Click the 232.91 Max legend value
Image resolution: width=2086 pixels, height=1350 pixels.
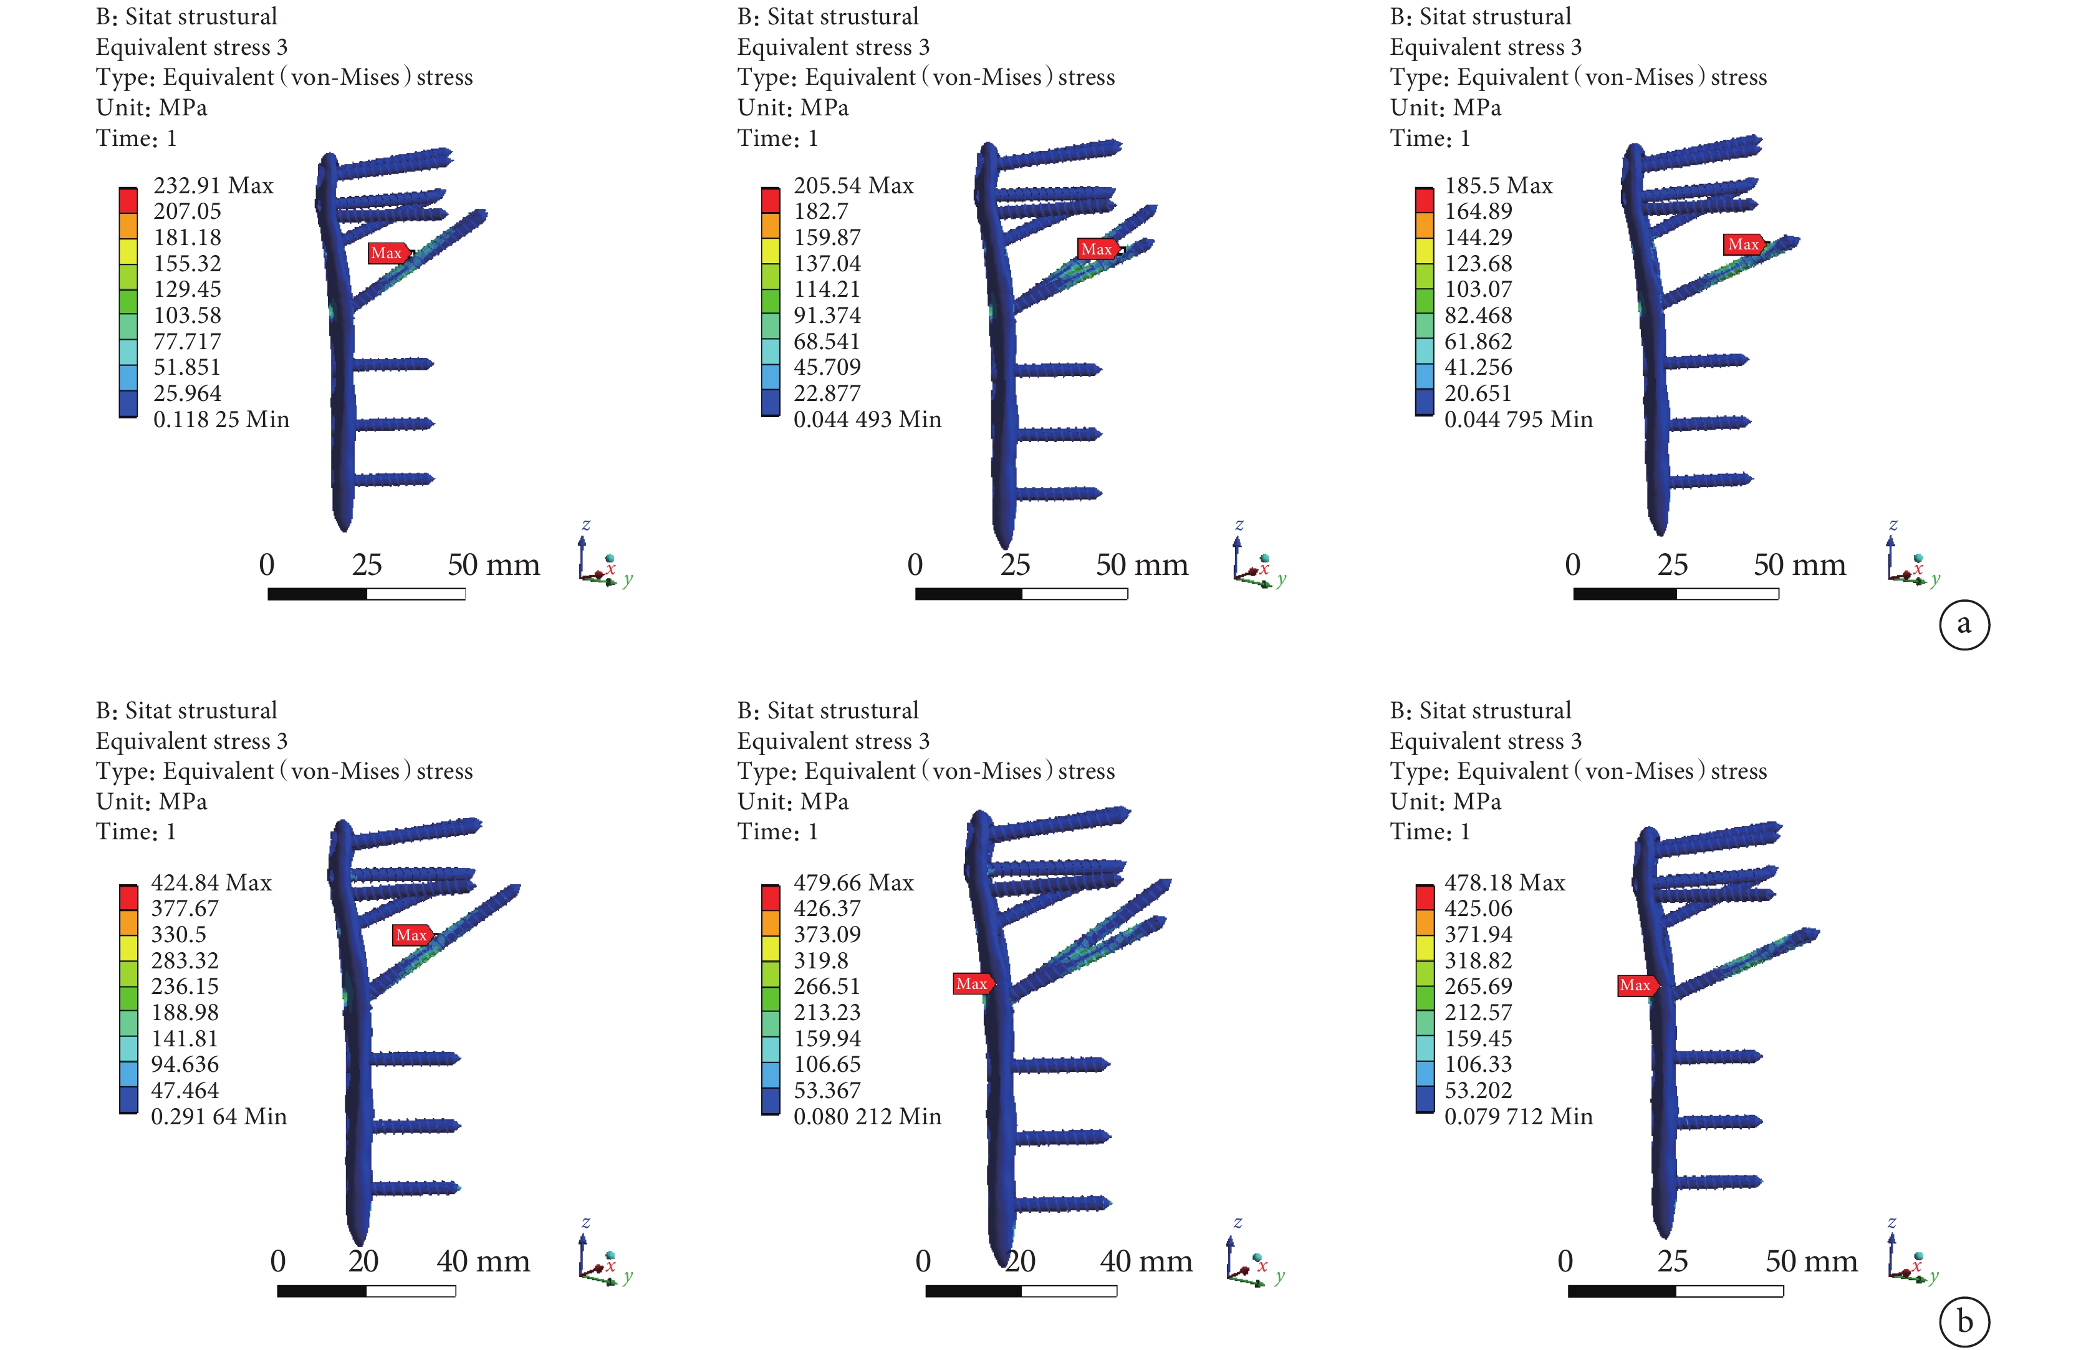tap(213, 186)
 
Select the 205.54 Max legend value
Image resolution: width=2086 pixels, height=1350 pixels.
tap(853, 186)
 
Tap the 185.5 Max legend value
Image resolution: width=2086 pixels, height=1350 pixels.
tap(1498, 186)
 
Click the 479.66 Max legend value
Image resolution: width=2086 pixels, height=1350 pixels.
tap(853, 883)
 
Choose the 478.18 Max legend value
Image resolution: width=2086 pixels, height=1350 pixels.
tap(1504, 883)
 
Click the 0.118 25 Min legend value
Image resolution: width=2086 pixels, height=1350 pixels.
tap(221, 420)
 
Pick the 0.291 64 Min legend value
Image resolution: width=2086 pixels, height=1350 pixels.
tap(218, 1117)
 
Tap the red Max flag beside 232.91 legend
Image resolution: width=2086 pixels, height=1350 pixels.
tap(387, 253)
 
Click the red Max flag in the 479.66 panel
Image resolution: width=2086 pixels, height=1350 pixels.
tap(972, 983)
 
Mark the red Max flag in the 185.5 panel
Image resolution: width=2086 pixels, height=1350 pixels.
tap(1743, 244)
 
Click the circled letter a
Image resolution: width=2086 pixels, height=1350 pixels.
tap(1964, 624)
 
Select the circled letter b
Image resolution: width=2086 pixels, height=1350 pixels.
tap(1964, 1321)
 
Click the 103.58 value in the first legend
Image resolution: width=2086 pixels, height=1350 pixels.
tap(186, 316)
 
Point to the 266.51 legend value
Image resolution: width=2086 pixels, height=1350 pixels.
tap(827, 986)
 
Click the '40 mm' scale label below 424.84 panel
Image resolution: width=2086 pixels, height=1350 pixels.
tap(483, 1261)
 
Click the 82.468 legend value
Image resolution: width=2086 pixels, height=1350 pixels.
tap(1478, 316)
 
